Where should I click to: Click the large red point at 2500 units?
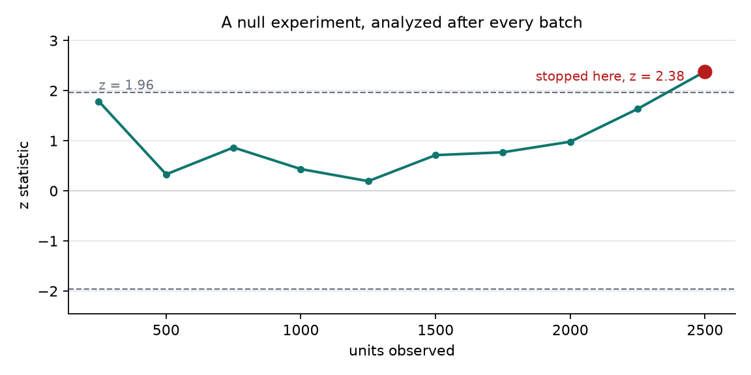(x=705, y=72)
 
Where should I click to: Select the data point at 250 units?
(x=98, y=102)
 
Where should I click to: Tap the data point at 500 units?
(x=166, y=174)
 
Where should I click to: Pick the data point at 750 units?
(x=234, y=148)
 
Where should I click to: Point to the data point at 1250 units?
(x=368, y=181)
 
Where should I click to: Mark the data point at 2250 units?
(x=638, y=109)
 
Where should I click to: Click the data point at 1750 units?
(x=503, y=152)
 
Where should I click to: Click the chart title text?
(x=402, y=23)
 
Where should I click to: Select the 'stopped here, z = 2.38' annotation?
(x=610, y=77)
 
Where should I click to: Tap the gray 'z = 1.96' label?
(x=126, y=85)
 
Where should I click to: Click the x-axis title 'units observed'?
(x=402, y=351)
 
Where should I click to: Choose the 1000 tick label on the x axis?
(x=301, y=331)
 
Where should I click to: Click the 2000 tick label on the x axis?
(x=570, y=331)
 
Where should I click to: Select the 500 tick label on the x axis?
(x=166, y=331)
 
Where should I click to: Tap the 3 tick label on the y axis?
(x=53, y=40)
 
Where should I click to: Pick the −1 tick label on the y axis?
(x=49, y=241)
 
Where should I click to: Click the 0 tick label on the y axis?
(x=53, y=191)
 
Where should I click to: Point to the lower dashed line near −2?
(x=402, y=289)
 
